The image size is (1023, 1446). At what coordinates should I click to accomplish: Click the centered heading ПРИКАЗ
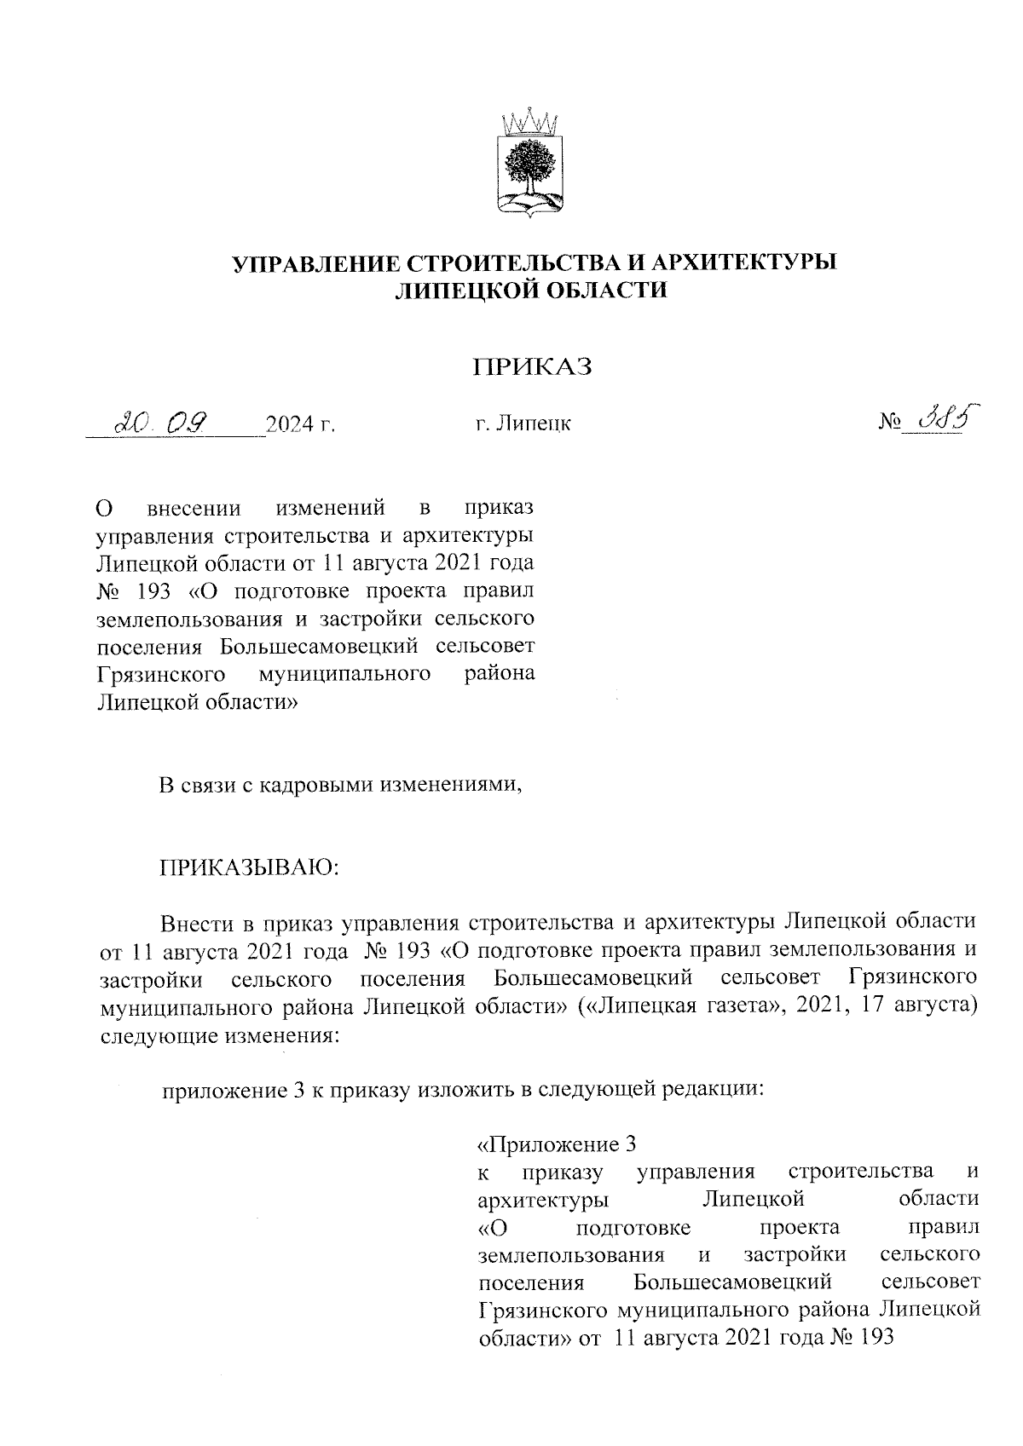tap(532, 368)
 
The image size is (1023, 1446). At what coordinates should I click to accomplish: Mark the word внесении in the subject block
tap(194, 510)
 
